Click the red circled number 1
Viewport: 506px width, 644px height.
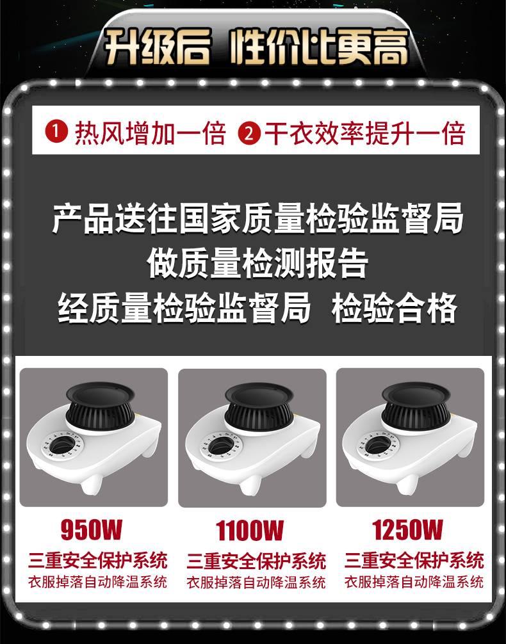56,133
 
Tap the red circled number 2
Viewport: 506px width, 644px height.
249,133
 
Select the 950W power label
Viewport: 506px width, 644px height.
91,529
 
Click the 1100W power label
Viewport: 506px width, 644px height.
250,530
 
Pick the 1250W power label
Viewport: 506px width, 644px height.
407,529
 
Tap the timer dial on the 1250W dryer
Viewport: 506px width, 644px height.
378,445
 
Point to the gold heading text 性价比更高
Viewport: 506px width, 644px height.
319,46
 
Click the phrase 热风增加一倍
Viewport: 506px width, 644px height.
151,133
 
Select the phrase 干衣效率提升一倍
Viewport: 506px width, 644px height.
365,133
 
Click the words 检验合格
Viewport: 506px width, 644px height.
395,308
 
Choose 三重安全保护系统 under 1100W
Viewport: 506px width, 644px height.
256,561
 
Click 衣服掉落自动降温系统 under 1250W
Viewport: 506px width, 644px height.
414,581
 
